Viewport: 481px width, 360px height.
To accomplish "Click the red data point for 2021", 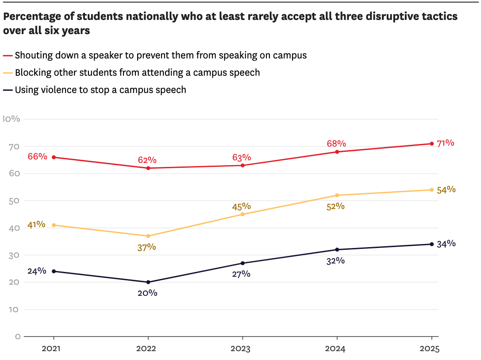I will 54,157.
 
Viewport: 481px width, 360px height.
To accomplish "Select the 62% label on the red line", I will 147,160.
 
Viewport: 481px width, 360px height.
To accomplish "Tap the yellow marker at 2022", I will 148,236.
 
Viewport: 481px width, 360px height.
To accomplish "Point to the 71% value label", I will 445,143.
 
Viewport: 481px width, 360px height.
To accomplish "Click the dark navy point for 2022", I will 148,282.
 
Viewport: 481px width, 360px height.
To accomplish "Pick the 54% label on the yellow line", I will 446,190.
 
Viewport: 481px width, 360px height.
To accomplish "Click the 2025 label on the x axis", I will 429,349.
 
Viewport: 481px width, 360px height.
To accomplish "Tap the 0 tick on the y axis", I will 18,337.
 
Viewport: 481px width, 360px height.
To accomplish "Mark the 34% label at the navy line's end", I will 446,244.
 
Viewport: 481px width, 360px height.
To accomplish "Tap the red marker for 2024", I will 337,152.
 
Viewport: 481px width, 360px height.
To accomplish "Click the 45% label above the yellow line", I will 242,206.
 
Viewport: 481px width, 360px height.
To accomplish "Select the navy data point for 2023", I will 242,263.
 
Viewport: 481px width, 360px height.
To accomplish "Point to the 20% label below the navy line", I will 147,293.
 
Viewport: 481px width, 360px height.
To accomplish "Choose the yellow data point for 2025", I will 431,190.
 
